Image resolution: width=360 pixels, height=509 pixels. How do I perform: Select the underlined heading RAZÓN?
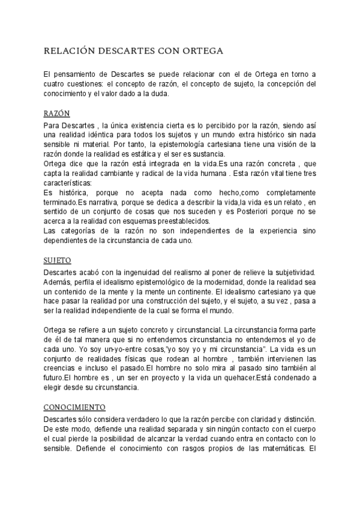(57, 113)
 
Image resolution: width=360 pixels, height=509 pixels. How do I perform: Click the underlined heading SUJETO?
(58, 261)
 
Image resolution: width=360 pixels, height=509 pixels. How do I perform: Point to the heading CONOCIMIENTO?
(75, 390)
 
